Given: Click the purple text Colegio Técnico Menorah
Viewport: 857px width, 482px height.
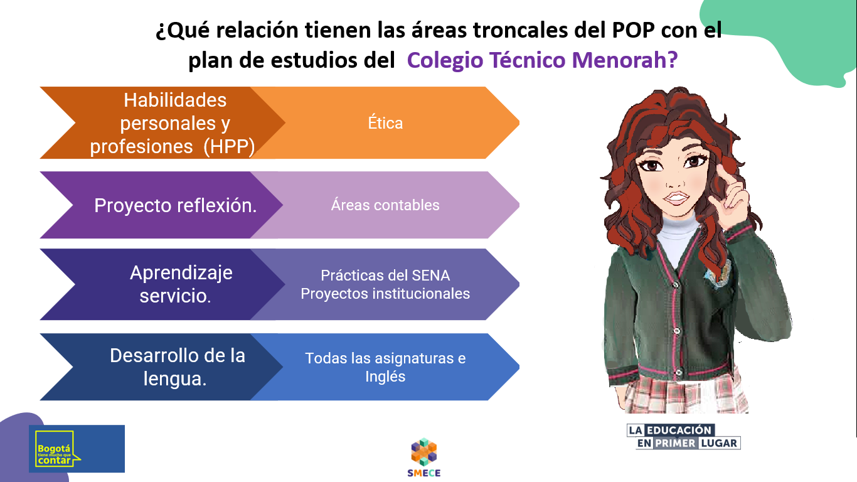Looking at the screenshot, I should coord(543,60).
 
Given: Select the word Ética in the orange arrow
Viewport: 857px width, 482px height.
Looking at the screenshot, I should coord(385,123).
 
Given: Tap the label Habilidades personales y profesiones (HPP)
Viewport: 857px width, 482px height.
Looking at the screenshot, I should coord(174,123).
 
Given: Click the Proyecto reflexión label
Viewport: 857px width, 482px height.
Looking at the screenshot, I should coord(176,205).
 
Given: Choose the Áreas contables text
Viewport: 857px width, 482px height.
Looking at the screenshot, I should coord(385,205).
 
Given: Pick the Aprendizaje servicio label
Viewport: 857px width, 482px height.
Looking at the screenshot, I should coord(181,284).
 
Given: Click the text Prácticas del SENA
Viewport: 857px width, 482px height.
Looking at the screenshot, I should coord(385,276).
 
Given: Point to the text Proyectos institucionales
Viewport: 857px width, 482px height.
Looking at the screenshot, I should coord(385,294).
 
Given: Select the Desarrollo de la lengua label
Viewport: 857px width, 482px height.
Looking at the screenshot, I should coord(177,366).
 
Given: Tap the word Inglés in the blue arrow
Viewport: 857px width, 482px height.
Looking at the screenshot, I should coord(385,377).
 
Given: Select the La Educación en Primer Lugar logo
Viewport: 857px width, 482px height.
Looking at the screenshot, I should coord(684,437).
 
